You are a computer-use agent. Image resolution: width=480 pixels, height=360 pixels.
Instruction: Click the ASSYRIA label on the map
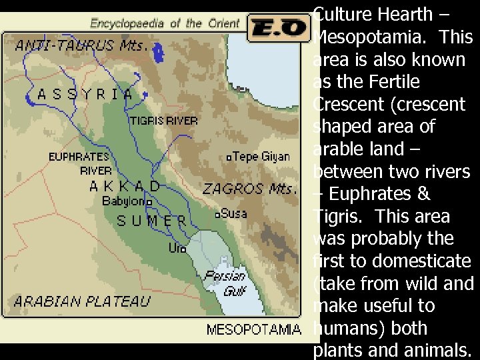85,94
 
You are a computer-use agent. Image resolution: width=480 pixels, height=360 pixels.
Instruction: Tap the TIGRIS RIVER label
163,121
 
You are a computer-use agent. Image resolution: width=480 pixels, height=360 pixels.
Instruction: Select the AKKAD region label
125,186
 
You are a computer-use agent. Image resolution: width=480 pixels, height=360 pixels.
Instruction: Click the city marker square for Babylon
149,201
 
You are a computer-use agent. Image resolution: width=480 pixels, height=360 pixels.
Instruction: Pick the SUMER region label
152,221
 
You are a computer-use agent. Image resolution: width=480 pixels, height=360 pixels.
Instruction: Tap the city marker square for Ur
183,250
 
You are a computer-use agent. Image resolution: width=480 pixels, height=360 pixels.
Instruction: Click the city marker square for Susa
217,215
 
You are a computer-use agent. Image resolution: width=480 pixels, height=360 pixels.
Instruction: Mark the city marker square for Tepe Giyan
229,158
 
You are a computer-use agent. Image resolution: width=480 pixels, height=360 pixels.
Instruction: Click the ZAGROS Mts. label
249,189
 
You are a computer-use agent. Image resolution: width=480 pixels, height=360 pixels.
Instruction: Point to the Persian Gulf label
225,283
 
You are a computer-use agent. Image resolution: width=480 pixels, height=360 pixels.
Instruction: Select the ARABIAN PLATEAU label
82,301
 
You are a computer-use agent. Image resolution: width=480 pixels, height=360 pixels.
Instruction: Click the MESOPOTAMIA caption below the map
253,329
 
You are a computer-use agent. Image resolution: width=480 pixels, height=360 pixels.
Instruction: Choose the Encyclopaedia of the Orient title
165,23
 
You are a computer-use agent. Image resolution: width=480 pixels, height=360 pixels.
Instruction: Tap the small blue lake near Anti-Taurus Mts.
159,51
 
